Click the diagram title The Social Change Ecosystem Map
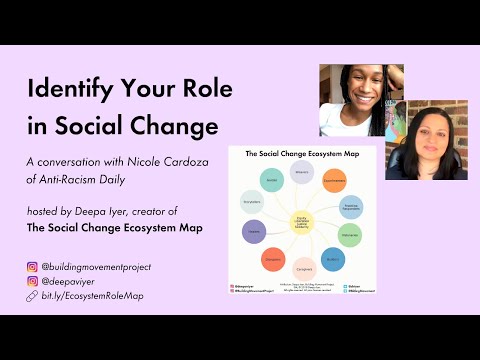click(x=300, y=153)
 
